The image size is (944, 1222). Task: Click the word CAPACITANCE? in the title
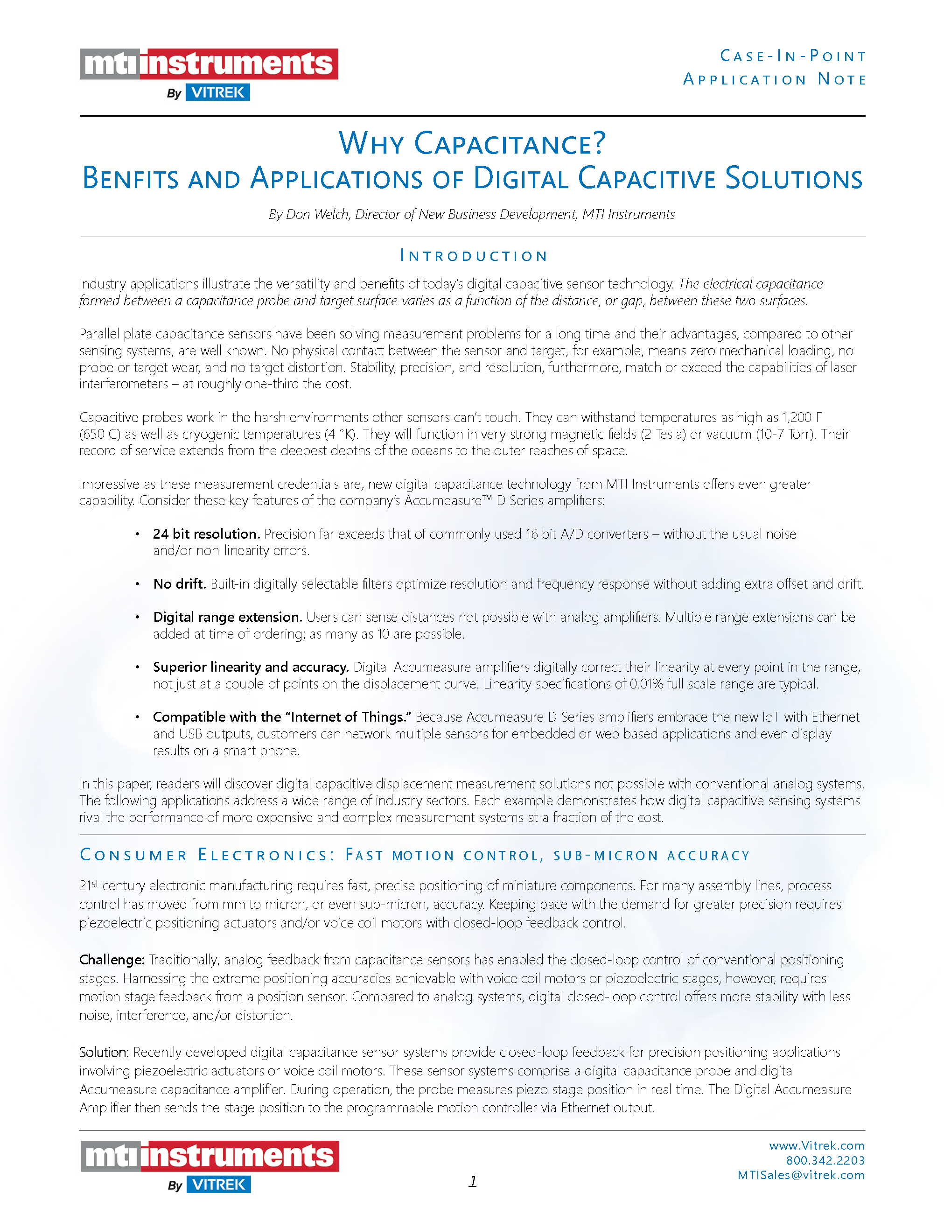click(x=510, y=144)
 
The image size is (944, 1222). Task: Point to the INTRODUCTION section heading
click(x=473, y=256)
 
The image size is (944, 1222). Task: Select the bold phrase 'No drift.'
click(x=180, y=583)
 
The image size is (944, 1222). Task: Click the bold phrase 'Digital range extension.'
click(x=228, y=617)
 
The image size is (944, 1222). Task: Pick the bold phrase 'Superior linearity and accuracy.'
click(x=251, y=667)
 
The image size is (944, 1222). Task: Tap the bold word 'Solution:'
click(x=104, y=1053)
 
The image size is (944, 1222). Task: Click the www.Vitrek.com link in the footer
click(x=817, y=1145)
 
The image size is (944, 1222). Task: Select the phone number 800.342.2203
click(x=825, y=1160)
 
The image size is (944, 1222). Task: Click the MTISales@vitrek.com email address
click(x=801, y=1175)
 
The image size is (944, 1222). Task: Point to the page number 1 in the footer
click(x=473, y=1180)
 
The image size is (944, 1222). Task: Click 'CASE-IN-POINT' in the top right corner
click(x=792, y=56)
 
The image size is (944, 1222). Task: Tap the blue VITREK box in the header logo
click(x=217, y=92)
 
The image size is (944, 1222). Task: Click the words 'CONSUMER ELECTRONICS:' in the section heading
click(x=207, y=856)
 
